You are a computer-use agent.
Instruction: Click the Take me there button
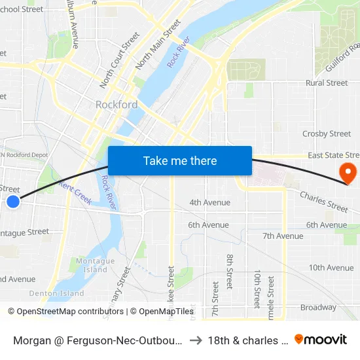coord(180,160)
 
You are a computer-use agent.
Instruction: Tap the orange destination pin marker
coord(347,173)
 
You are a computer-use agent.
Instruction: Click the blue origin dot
coord(12,202)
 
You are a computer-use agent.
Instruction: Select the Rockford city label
coord(117,105)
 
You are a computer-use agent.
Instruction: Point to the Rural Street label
coord(327,83)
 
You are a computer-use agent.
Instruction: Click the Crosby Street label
coord(327,134)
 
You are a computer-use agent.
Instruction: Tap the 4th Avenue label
coord(209,203)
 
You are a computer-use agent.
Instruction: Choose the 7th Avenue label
coord(283,236)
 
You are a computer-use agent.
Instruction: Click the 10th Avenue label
coord(331,268)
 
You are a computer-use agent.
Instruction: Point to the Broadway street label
coord(318,307)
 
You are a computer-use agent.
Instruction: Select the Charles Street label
coord(324,202)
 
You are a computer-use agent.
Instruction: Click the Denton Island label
coord(57,293)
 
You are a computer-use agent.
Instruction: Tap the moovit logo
coord(321,339)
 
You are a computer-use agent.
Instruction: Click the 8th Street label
coord(230,272)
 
